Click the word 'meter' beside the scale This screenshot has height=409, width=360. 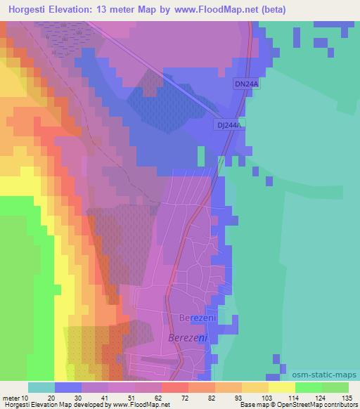pyautogui.click(x=13, y=397)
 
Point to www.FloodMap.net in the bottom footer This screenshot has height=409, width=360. pyautogui.click(x=141, y=405)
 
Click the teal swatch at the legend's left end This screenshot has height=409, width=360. pyautogui.click(x=41, y=387)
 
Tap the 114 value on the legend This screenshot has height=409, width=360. pyautogui.click(x=283, y=397)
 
